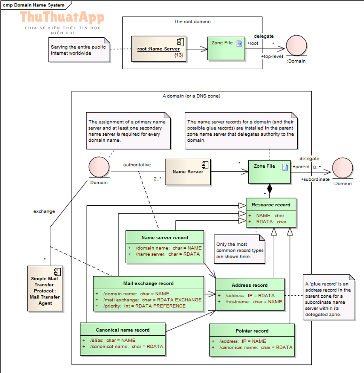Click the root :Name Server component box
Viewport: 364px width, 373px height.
[159, 49]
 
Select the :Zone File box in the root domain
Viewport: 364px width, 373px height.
[226, 49]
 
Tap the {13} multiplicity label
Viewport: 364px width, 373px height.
[179, 55]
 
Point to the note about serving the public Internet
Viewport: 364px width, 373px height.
[79, 50]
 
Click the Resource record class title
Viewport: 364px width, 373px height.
[271, 205]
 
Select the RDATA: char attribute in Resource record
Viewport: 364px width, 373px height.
[271, 222]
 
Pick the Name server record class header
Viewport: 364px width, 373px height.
[165, 237]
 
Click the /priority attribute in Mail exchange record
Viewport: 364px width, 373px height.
[144, 306]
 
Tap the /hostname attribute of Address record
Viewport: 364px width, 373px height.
[254, 302]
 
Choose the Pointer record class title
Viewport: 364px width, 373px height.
[252, 331]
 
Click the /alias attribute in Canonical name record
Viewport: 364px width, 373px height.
[112, 341]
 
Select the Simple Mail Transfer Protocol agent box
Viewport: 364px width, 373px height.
[45, 288]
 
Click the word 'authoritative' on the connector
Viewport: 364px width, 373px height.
[137, 164]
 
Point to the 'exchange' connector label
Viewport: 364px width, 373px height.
[44, 211]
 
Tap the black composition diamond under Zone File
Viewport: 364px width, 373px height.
[269, 189]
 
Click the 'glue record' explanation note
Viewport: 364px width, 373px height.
[329, 297]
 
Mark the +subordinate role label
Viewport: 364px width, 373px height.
[315, 179]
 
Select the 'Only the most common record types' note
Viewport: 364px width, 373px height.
[239, 249]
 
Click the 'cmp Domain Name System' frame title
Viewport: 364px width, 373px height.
[34, 5]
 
